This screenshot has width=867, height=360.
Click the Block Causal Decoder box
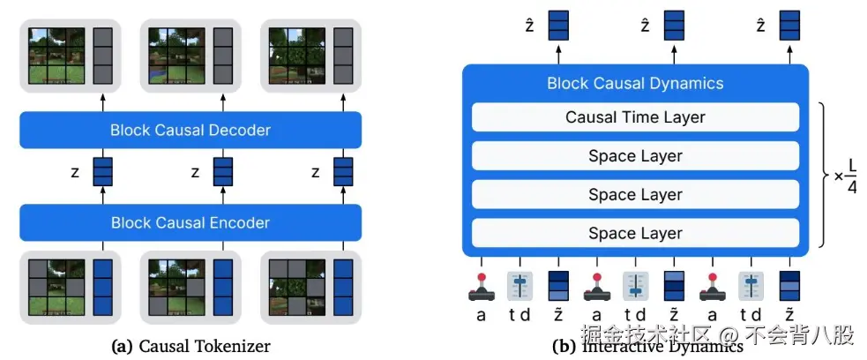pos(191,130)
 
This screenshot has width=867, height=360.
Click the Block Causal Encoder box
pos(191,223)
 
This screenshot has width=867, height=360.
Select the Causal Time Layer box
pos(635,117)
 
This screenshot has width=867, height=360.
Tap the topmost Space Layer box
pos(635,156)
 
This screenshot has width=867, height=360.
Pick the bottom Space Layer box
pos(635,233)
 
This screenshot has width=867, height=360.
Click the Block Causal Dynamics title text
pos(635,84)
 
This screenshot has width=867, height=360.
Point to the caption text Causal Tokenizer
pos(205,347)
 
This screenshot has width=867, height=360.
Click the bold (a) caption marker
pos(123,347)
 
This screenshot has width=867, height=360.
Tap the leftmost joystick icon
pos(481,287)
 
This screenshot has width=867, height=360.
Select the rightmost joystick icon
pos(712,287)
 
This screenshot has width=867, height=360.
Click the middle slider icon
pos(635,287)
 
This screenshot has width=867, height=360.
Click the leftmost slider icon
pos(519,287)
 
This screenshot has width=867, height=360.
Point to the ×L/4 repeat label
pos(846,176)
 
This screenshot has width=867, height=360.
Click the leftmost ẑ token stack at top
pos(558,26)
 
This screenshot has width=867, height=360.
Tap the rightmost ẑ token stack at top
pos(789,26)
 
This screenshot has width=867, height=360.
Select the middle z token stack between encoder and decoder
pos(223,171)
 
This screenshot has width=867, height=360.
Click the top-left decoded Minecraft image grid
pos(57,56)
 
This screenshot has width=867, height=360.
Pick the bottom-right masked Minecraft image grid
pos(297,288)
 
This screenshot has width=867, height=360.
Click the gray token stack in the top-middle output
pos(223,56)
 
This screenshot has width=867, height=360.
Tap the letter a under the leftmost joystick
pos(481,315)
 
